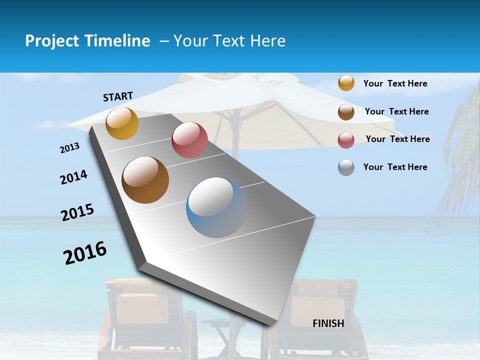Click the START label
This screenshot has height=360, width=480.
point(118,96)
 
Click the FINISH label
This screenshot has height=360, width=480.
point(328,323)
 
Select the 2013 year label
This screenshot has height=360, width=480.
point(70,148)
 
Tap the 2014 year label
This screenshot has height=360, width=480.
point(73,177)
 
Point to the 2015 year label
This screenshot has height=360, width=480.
point(77,212)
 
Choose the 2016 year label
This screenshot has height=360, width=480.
point(85,252)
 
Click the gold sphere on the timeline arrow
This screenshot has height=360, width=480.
point(122,123)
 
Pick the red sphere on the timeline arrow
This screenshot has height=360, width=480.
point(189,140)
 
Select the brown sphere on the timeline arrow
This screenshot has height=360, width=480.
point(145,180)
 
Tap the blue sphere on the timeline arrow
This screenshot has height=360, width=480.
point(216,207)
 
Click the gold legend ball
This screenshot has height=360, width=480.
point(346,83)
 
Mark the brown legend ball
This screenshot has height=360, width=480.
point(346,111)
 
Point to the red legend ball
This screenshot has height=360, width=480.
point(346,140)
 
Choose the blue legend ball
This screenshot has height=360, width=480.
point(346,167)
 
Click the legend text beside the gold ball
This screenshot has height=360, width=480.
point(395,83)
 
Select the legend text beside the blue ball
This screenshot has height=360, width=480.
point(395,167)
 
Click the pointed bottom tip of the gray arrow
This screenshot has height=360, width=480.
point(270,324)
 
